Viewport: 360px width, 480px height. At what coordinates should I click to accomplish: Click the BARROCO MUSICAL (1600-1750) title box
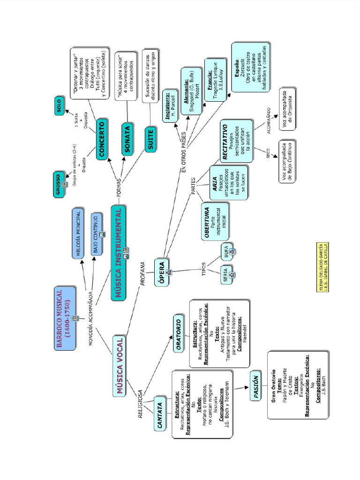pos(65,318)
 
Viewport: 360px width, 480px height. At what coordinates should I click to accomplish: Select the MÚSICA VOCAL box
pos(120,367)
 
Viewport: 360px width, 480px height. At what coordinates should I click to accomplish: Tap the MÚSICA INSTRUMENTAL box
pos(119,253)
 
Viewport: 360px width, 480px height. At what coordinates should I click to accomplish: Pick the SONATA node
pos(127,140)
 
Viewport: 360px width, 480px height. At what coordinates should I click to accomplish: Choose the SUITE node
pos(150,140)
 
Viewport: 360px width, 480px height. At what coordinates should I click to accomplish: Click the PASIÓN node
pos(255,388)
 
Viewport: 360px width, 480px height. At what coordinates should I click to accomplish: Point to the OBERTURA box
pos(215,221)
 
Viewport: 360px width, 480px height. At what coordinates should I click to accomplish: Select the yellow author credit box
pos(323,267)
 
